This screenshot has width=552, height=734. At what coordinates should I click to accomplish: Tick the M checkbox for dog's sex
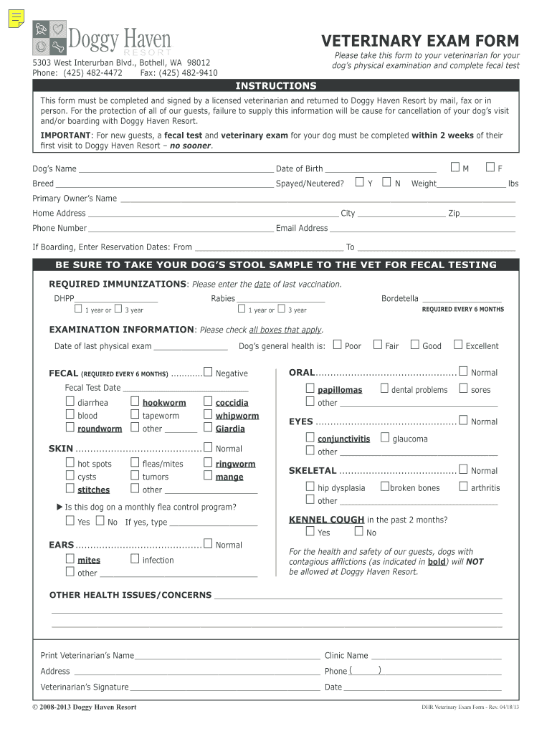(455, 168)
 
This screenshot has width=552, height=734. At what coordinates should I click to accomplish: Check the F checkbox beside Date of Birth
(490, 168)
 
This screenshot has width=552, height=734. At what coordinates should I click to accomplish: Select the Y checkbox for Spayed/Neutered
(360, 182)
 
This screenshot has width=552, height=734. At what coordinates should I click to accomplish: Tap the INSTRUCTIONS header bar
(276, 86)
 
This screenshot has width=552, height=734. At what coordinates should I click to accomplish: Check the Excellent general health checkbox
(458, 345)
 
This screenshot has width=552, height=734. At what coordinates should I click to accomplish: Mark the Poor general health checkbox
(338, 345)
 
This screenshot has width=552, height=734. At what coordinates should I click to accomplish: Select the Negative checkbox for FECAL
(208, 372)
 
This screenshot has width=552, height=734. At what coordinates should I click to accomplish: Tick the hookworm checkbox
(135, 401)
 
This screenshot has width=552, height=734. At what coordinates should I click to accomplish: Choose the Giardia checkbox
(208, 427)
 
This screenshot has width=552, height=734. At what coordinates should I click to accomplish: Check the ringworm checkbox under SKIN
(208, 462)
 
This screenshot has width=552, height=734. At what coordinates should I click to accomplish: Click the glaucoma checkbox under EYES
(385, 437)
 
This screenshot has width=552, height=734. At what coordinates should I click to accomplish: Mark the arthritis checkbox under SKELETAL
(463, 487)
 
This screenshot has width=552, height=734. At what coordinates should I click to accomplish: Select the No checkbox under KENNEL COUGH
(358, 532)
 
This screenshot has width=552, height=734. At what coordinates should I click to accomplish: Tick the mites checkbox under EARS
(70, 558)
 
